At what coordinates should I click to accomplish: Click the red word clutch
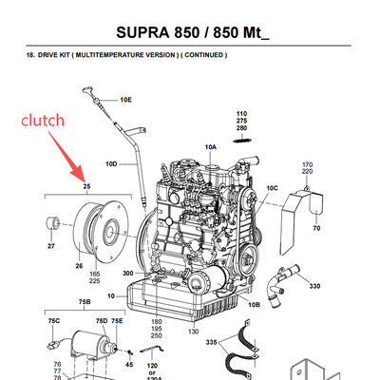(43, 120)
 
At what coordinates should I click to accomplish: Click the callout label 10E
(125, 99)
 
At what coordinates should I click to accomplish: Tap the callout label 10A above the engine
(210, 147)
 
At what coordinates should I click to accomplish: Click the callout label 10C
(272, 188)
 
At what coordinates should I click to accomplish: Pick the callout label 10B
(254, 303)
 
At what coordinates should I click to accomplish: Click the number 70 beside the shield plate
(316, 229)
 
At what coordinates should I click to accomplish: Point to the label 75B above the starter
(85, 303)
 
